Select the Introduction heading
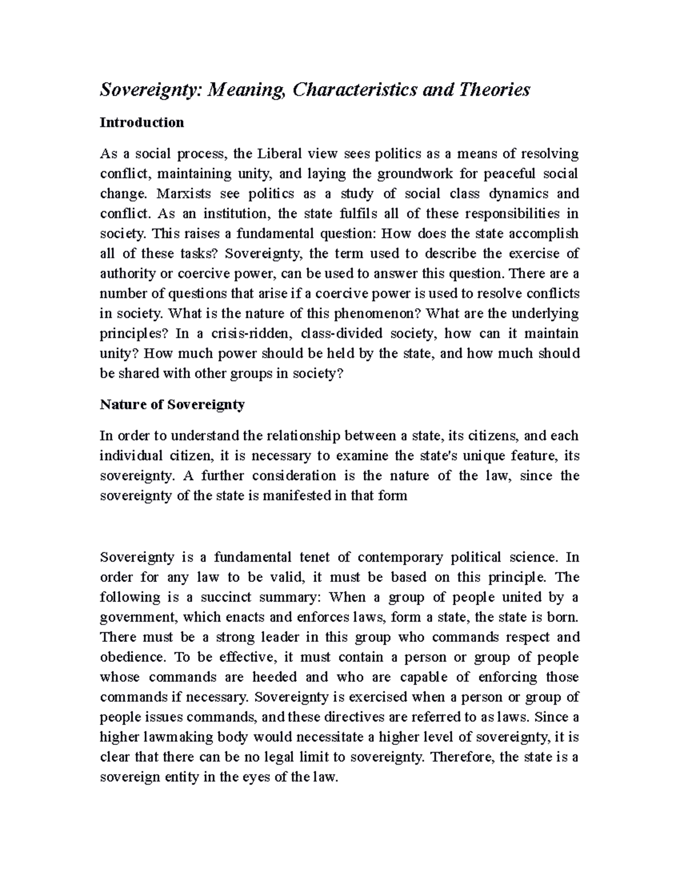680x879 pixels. (x=142, y=123)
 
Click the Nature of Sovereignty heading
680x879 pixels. (x=172, y=405)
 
